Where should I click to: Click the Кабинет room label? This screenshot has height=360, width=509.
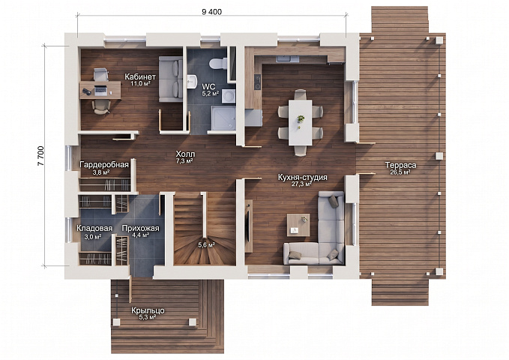pos(140,77)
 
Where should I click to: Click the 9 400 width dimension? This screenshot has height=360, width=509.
pos(211,12)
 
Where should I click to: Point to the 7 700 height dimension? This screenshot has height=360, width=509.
pos(41,156)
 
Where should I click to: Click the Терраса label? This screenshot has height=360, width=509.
pos(401,165)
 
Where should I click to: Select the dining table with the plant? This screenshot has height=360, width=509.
pos(301,122)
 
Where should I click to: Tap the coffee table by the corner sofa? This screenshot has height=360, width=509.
pos(298,225)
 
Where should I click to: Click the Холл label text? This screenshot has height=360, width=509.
pos(185,154)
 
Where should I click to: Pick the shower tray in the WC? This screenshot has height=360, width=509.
pos(223,118)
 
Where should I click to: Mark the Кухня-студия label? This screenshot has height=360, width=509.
pos(303,178)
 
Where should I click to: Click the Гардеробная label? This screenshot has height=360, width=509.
pos(104,164)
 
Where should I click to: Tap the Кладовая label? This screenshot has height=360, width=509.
pos(94,229)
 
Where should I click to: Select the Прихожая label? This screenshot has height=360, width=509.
pos(141,229)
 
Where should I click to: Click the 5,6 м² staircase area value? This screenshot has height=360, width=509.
pos(206,245)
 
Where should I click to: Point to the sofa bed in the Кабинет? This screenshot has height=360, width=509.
pos(170,79)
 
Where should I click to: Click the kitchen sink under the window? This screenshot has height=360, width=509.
pos(284,58)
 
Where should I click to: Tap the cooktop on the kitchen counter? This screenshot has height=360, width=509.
pos(257,82)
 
